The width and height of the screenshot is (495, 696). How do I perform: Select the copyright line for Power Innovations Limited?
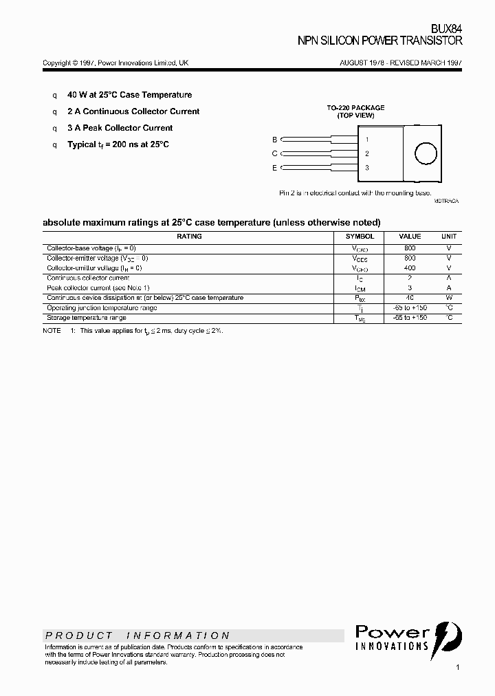coord(115,63)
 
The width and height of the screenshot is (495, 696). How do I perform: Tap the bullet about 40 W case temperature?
coord(129,95)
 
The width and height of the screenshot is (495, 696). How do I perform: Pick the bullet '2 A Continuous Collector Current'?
coord(133,111)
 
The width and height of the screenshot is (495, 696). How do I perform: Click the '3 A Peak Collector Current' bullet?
coord(120,128)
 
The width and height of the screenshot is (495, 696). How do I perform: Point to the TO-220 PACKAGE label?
coord(355,108)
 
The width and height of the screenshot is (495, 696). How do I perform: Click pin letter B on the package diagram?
coord(274,140)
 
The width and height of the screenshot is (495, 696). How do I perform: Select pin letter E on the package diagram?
coord(274,168)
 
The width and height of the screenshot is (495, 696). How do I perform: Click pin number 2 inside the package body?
coord(367,153)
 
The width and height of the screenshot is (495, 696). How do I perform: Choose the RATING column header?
coord(189,236)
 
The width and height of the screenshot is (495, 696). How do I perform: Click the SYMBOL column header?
coord(360,236)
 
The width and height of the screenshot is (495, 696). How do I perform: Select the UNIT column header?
coord(448,236)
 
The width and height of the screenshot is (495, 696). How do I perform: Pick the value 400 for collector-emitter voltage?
coord(410,268)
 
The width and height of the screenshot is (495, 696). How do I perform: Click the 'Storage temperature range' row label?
coord(87,318)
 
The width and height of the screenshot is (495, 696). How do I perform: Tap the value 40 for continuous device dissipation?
coord(410,298)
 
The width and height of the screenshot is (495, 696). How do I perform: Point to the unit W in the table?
coord(448,298)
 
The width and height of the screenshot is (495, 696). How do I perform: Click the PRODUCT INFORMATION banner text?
coord(137,635)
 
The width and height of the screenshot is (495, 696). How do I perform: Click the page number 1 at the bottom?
coord(457,667)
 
